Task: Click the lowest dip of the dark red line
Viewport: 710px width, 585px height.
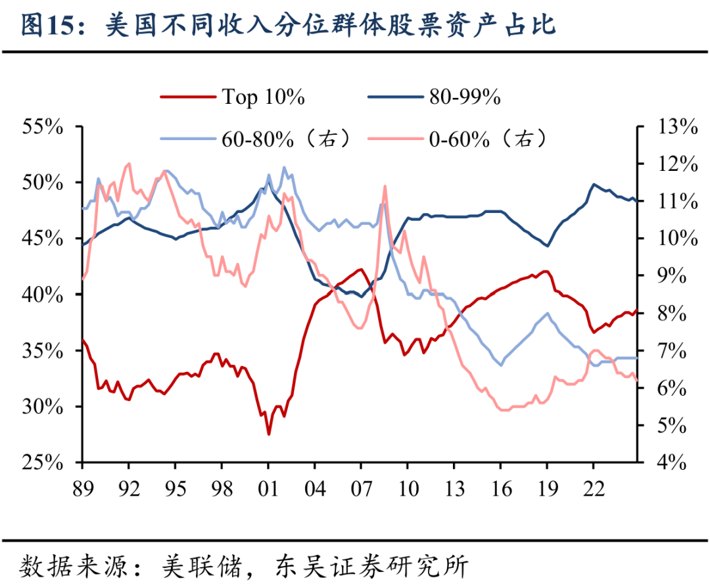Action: point(268,434)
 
